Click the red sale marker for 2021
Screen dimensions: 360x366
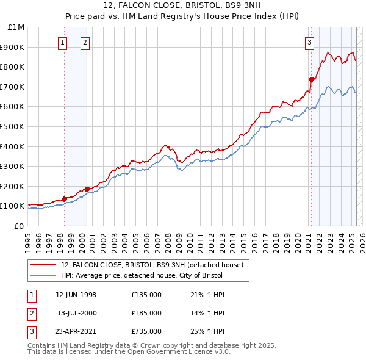pyautogui.click(x=311, y=79)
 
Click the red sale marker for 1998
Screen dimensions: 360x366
pyautogui.click(x=65, y=198)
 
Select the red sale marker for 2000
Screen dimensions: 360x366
pyautogui.click(x=87, y=189)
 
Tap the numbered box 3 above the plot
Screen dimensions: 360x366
pyautogui.click(x=310, y=42)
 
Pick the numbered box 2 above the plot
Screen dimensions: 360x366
pyautogui.click(x=85, y=42)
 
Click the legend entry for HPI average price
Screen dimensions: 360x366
pyautogui.click(x=142, y=275)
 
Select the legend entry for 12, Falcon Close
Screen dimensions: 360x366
pyautogui.click(x=152, y=265)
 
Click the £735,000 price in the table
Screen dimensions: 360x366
pyautogui.click(x=146, y=332)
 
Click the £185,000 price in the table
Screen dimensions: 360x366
pyautogui.click(x=146, y=314)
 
